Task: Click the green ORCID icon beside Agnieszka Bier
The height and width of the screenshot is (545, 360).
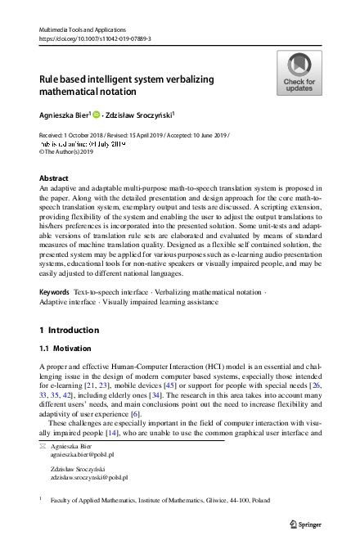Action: pos(96,115)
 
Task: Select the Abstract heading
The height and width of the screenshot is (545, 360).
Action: pos(54,178)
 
